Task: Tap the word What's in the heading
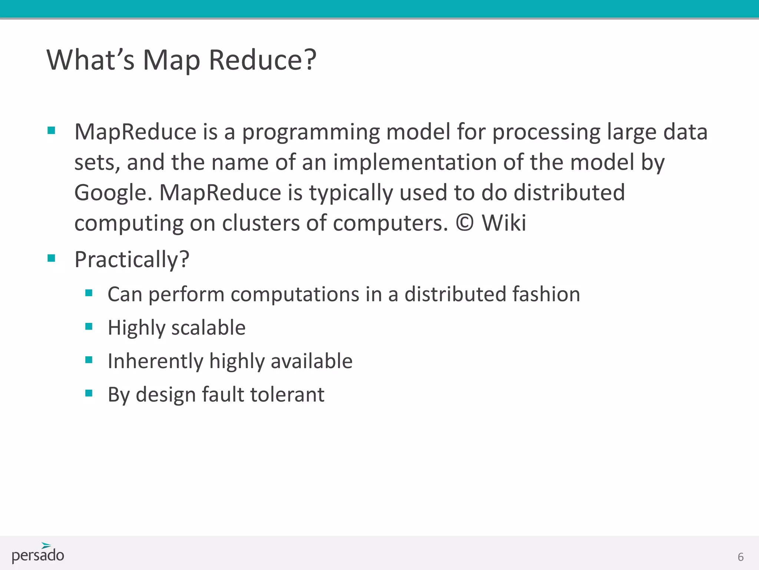coord(90,60)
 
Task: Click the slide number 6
coord(740,557)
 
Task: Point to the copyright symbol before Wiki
coord(465,223)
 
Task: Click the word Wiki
coord(504,223)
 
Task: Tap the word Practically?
coord(132,259)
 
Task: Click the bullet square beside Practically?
coord(52,258)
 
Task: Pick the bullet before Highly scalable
coord(89,327)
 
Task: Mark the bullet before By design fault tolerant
coord(89,393)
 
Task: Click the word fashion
coord(546,294)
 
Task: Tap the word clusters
coord(261,223)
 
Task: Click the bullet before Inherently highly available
coord(89,360)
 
